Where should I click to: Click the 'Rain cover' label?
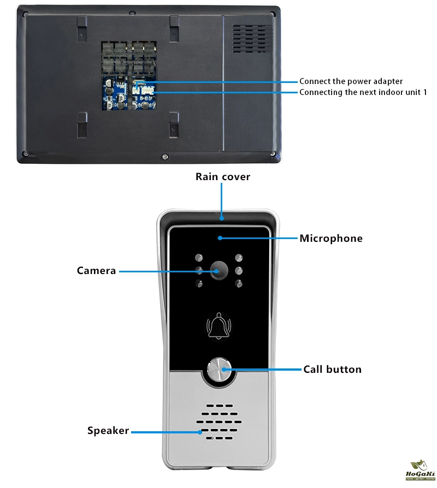coord(223,177)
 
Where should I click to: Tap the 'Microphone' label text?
coord(330,239)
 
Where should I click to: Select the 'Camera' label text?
coord(96,271)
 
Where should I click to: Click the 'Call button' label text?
coord(332,370)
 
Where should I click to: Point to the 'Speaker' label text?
coord(108,431)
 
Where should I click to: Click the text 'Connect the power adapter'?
coord(351,81)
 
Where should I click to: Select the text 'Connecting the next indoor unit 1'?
coord(363,92)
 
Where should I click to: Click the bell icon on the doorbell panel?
coord(218,326)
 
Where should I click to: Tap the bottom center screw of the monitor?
coord(164,157)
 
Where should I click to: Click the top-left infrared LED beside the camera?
coord(199,258)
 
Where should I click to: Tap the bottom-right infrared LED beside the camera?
coord(238,283)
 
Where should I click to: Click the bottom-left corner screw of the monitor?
coord(25,154)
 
